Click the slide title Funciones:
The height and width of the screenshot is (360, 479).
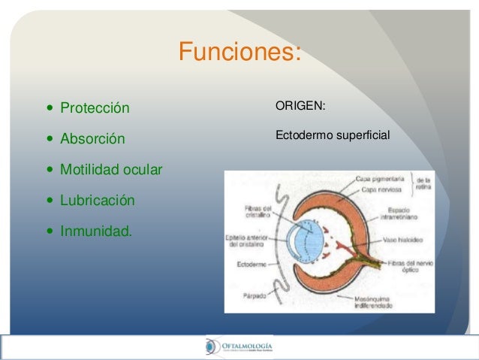(239, 53)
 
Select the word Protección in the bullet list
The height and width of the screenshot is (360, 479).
(95, 108)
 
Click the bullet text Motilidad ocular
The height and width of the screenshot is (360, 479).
(111, 171)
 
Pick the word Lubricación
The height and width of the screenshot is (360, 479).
(98, 201)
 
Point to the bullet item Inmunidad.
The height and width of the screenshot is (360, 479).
(95, 232)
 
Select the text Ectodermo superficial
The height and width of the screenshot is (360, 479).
(332, 137)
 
